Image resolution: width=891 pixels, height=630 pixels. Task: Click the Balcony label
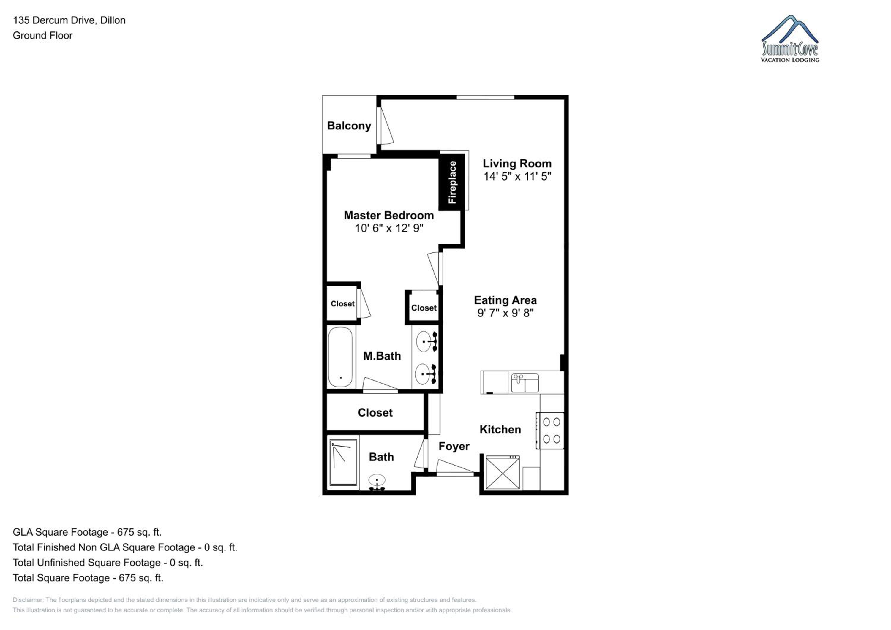coord(349,126)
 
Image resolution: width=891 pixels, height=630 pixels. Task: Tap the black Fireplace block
coord(452,182)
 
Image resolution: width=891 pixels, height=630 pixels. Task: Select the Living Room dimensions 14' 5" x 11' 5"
coord(517,177)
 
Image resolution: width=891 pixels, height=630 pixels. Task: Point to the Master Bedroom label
coord(388,215)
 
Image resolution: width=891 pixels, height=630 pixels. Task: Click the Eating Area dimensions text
coord(505,313)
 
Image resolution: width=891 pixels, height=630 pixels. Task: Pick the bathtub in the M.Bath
coord(340,357)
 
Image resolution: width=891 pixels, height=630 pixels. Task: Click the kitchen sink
coord(525,383)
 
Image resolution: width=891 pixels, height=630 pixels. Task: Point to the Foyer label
coord(454,447)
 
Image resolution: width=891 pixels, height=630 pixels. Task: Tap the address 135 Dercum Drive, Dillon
coord(69,20)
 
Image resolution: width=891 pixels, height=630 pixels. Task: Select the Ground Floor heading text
coord(43,35)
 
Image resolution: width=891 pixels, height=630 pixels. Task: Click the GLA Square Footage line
coord(87,532)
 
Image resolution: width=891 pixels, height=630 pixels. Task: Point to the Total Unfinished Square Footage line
coord(108,563)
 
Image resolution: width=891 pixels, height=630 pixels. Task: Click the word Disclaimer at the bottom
coord(28,600)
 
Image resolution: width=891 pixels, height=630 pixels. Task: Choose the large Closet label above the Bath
coord(375,413)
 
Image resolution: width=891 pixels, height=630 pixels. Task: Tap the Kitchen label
coord(500,429)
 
